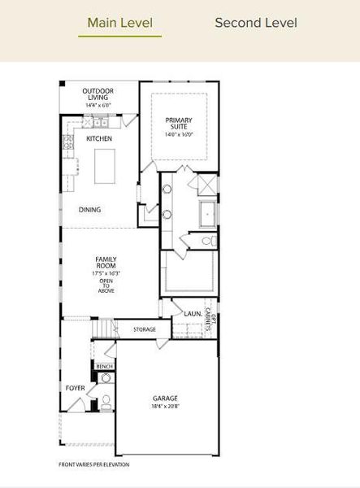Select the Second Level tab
255,22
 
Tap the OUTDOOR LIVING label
98,94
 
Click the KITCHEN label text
99,139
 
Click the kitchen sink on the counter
98,123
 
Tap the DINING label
90,209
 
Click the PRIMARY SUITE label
179,124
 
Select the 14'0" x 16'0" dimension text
179,135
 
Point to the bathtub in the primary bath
207,214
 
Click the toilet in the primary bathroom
208,242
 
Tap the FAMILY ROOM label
106,263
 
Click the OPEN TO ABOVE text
106,285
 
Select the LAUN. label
193,313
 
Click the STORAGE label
145,329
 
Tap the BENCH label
104,367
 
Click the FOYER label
75,388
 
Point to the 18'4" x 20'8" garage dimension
165,407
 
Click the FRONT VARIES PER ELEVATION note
94,464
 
